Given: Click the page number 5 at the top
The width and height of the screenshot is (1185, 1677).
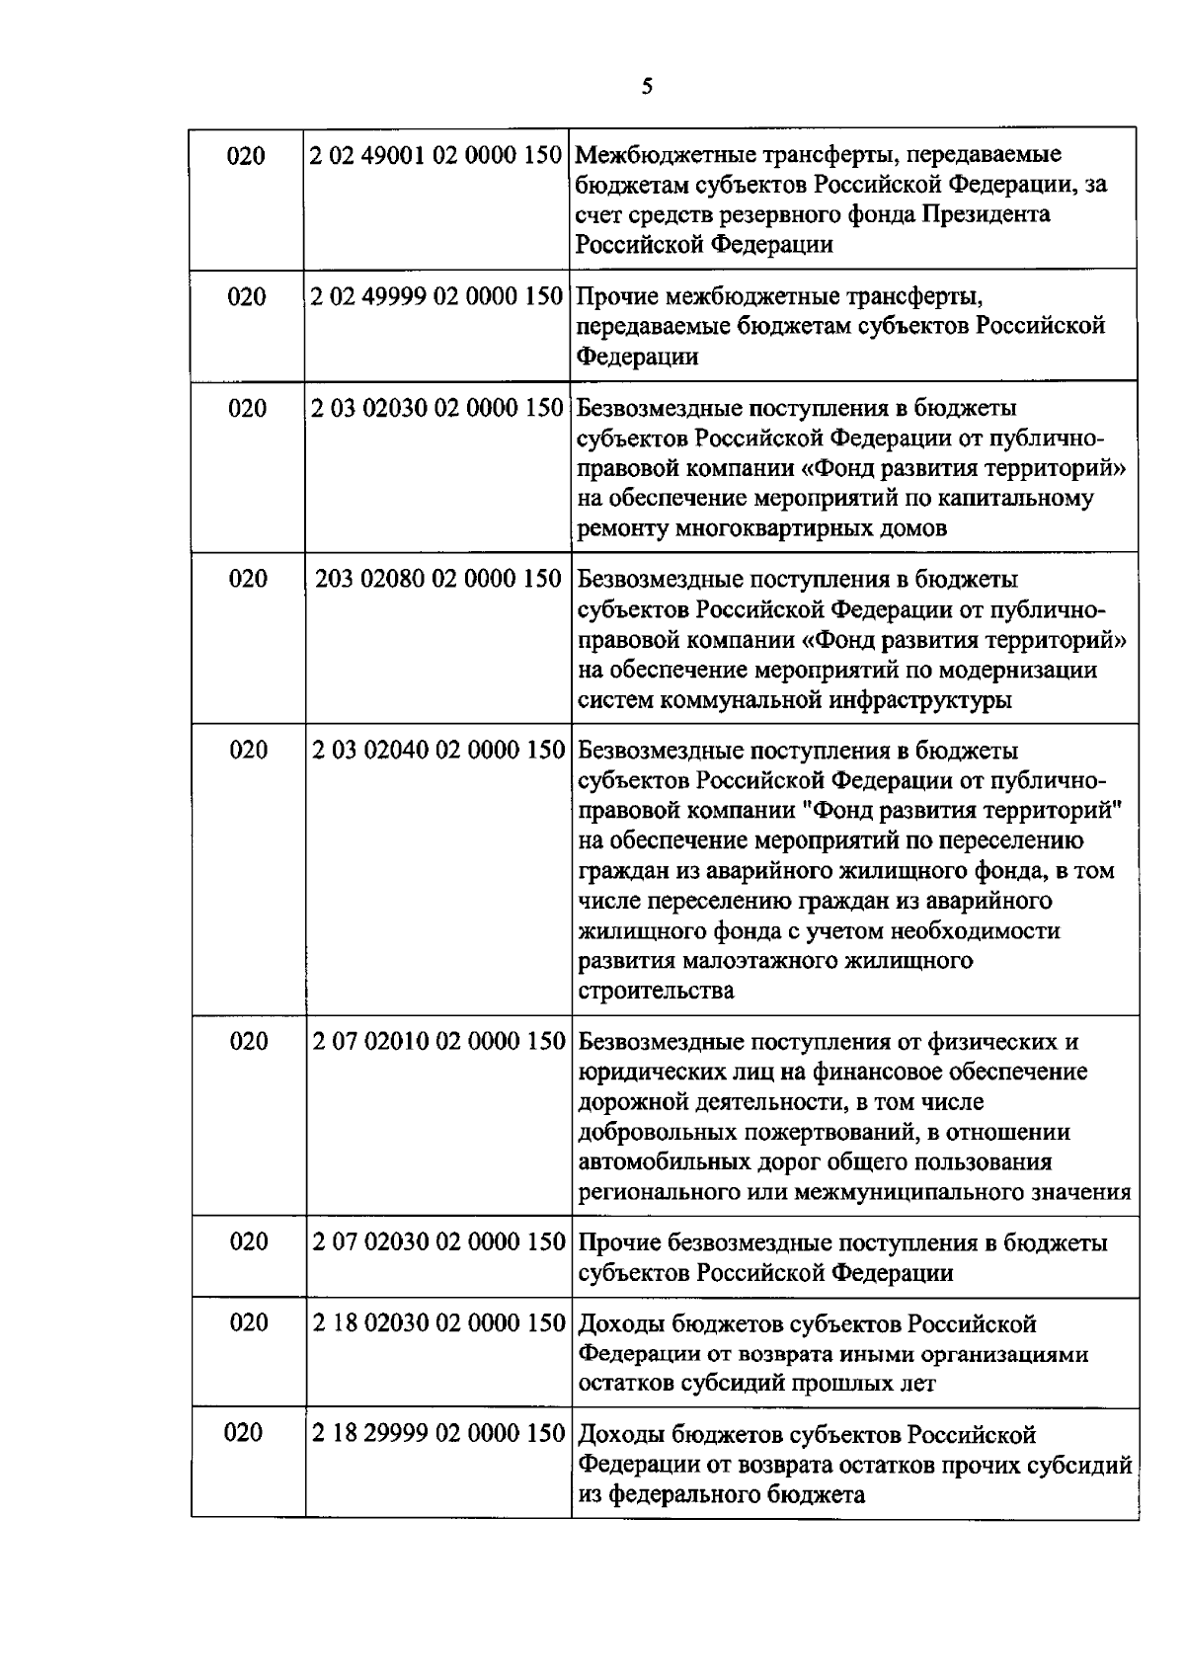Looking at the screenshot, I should [x=647, y=87].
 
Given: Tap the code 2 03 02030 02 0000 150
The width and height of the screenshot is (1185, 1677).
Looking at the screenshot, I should [x=436, y=408].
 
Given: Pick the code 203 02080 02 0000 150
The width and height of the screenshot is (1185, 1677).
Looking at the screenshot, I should [x=437, y=579].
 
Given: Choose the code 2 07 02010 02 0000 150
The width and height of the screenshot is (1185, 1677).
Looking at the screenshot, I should [x=438, y=1042].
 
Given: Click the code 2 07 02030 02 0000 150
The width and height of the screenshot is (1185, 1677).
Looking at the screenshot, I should [x=438, y=1242].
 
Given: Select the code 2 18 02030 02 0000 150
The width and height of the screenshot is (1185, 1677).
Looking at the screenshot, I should [x=438, y=1323].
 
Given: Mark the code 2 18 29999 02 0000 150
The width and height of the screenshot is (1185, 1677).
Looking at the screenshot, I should [x=438, y=1434].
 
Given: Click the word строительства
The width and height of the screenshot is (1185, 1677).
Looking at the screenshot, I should [x=656, y=991].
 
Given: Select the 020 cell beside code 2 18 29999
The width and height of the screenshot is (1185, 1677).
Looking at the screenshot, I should [x=245, y=1433].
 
